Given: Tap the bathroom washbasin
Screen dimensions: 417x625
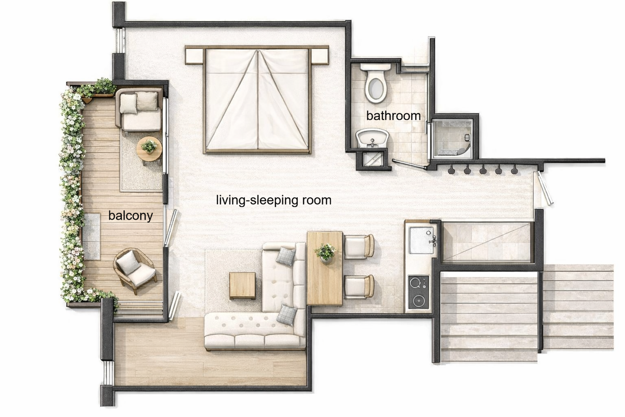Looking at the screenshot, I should tap(372, 138).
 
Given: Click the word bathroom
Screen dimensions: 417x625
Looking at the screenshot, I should tap(393, 116).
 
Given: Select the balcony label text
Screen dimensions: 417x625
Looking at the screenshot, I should tap(130, 215).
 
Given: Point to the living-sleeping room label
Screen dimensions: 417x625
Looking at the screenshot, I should tap(273, 200).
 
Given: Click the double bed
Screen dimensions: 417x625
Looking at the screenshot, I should tap(258, 100).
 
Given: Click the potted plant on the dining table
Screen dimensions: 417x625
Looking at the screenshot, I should tap(325, 252).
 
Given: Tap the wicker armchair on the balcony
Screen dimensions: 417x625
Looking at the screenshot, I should tap(134, 270).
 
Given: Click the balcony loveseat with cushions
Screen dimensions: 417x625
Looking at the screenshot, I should tap(140, 110).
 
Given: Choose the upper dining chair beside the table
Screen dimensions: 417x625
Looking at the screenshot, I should tap(359, 246).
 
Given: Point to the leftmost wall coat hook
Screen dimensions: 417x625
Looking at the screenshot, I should tap(451, 170).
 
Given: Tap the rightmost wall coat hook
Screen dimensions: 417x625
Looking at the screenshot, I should tap(514, 170).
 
